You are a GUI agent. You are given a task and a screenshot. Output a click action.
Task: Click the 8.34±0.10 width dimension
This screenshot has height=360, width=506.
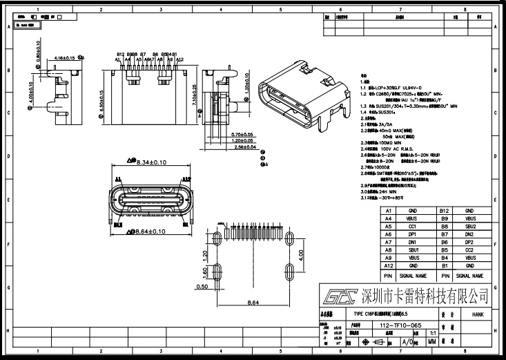tap(146, 162)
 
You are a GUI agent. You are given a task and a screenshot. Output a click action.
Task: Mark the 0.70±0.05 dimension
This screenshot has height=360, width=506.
tap(242, 134)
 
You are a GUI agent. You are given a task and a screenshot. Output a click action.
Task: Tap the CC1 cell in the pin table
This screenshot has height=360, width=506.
tap(413, 226)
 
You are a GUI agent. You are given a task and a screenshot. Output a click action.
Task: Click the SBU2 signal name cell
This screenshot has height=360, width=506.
tap(469, 226)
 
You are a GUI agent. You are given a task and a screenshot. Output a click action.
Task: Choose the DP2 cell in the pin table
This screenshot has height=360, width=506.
tap(469, 242)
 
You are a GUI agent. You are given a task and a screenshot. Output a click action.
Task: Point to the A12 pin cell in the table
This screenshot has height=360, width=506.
tap(389, 265)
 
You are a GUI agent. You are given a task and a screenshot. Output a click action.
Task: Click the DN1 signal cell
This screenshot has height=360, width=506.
tap(413, 242)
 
